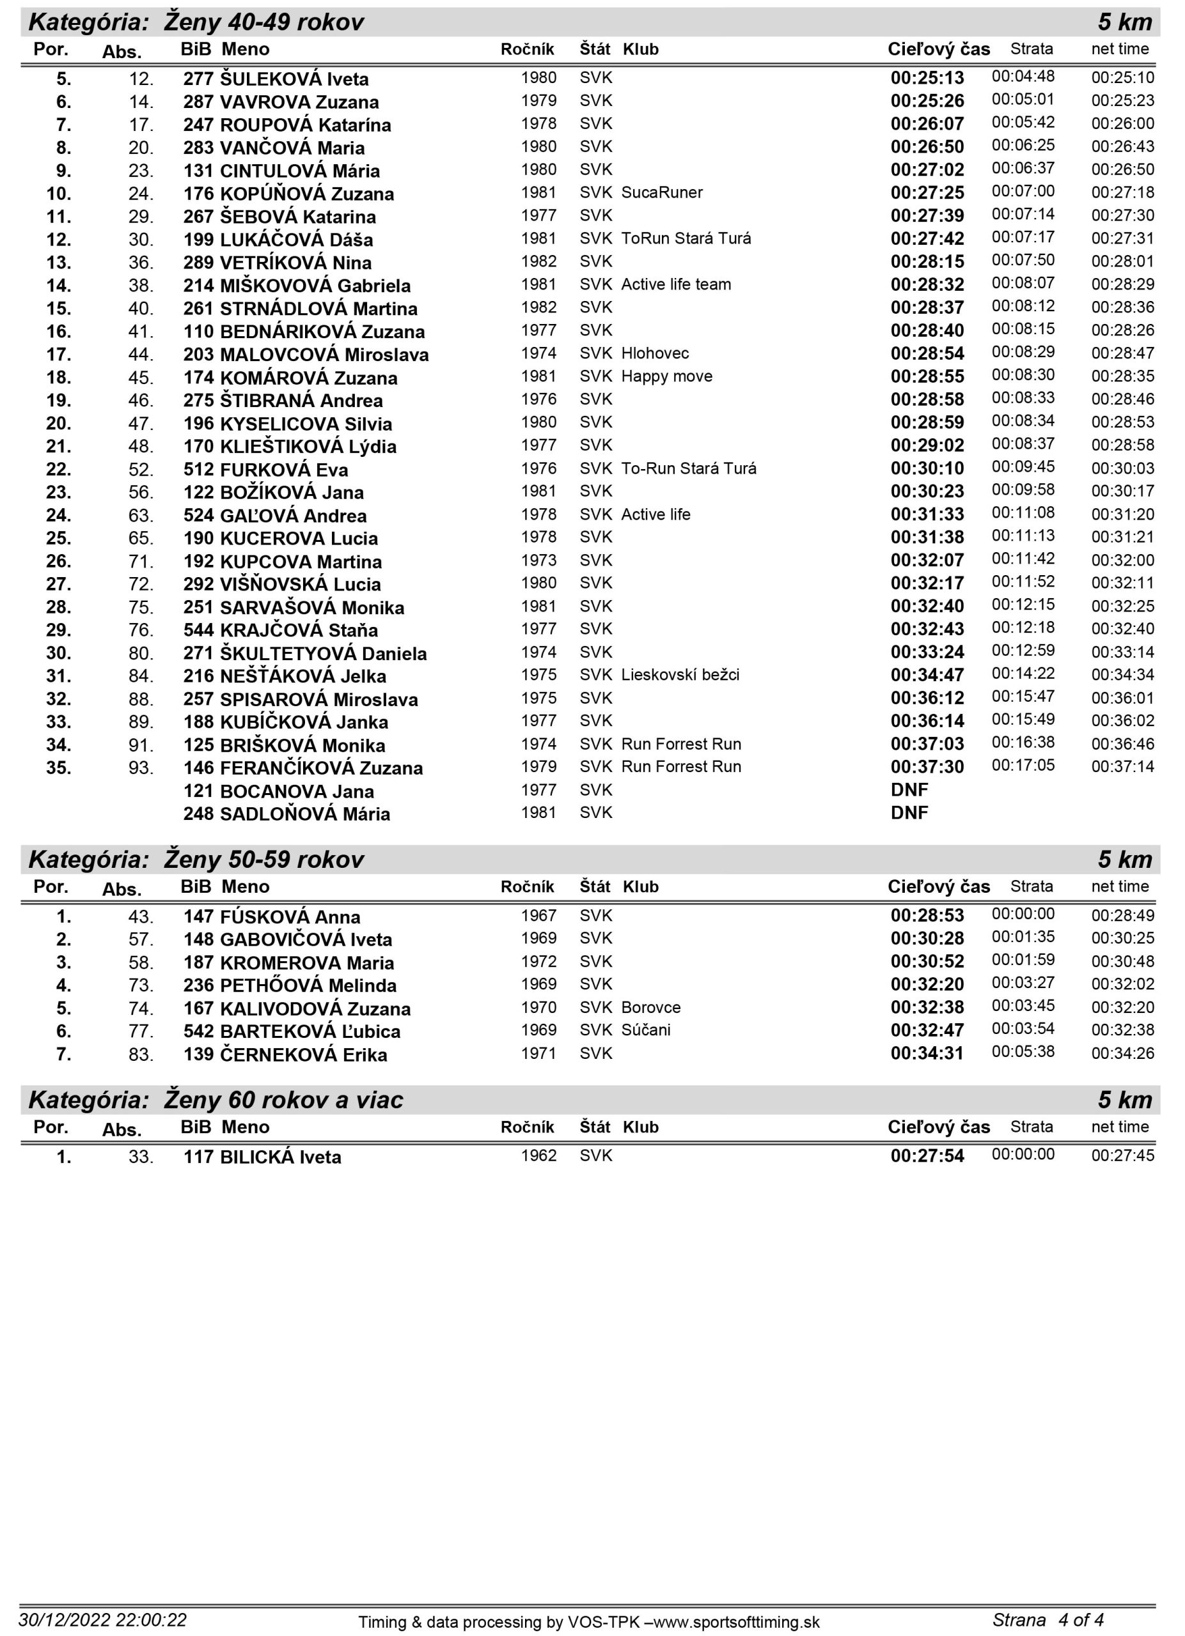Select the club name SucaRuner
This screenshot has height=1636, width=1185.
662,192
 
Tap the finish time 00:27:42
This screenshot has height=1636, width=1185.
927,239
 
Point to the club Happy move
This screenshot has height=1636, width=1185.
666,376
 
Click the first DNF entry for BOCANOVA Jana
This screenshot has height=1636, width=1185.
909,790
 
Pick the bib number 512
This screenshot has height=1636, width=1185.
198,470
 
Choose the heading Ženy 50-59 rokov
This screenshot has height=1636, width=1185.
263,859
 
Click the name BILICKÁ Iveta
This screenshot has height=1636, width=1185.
280,1157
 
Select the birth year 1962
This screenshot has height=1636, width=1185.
538,1155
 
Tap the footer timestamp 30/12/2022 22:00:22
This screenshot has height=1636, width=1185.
102,1620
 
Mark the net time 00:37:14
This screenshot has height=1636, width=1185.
1122,767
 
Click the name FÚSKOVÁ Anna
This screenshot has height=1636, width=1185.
290,917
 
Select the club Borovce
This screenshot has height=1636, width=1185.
650,1008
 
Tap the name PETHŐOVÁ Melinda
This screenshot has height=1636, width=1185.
308,985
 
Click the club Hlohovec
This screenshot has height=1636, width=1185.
655,353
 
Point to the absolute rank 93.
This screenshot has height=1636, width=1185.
141,768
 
